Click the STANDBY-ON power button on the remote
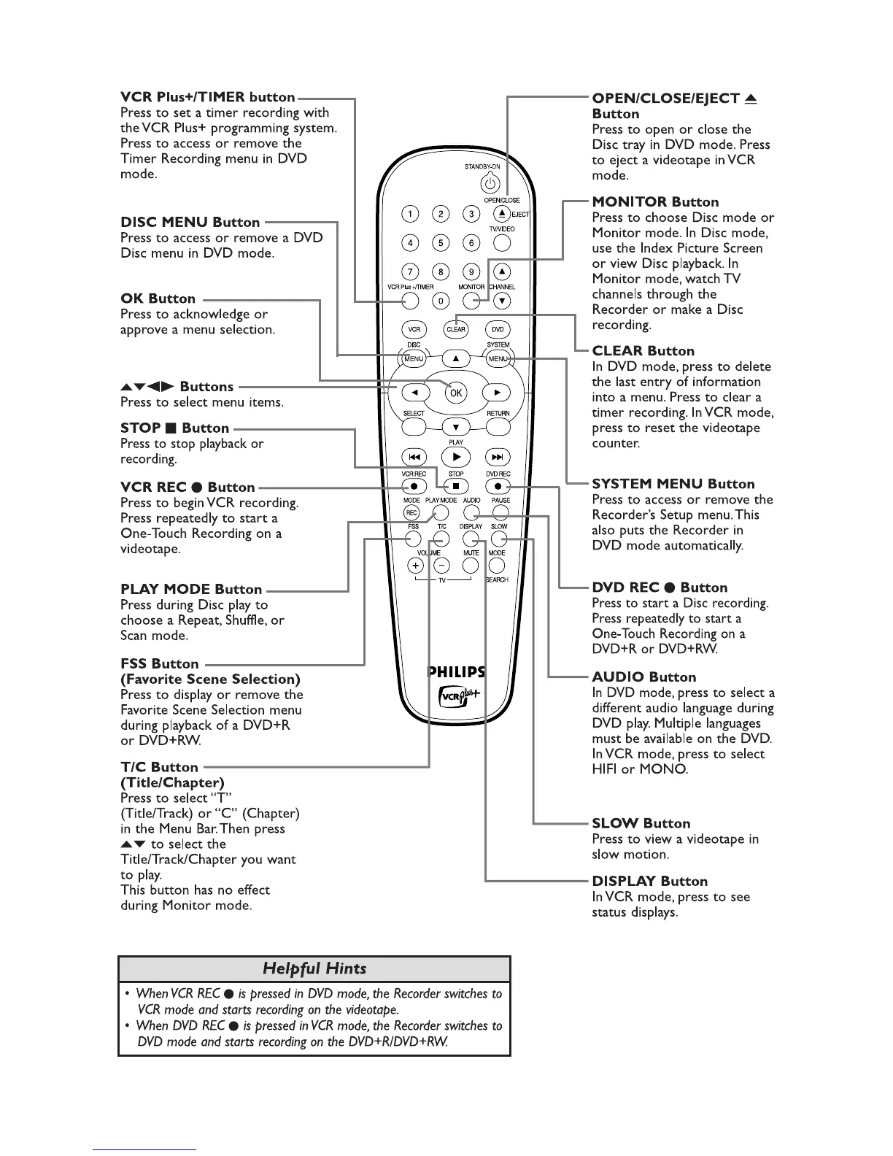coord(492,184)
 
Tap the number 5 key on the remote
coord(441,243)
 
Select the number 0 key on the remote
coord(441,301)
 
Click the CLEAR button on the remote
coord(456,329)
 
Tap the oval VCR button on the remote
coord(414,329)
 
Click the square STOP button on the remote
coord(456,485)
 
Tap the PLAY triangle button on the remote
coord(456,457)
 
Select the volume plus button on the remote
coord(415,566)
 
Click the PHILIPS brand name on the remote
coord(456,672)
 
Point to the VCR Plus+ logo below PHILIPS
coord(457,695)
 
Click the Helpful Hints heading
coord(314,968)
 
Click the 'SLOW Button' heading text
coord(641,823)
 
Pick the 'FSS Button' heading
coord(160,663)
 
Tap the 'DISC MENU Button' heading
coord(190,222)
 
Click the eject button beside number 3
coord(501,214)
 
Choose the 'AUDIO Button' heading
coord(643,677)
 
